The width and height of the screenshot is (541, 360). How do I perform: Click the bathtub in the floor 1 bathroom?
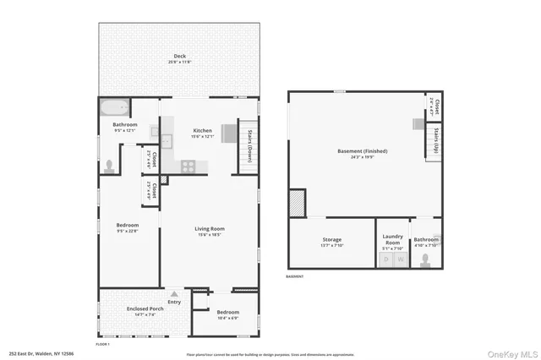[114, 108]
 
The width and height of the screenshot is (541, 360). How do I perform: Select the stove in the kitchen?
[188, 166]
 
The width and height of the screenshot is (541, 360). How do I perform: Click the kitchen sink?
[166, 141]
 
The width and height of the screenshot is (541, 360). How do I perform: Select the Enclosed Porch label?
[145, 308]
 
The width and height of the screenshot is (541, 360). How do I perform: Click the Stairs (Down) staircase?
[249, 147]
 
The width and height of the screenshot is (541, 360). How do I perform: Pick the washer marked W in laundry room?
[402, 259]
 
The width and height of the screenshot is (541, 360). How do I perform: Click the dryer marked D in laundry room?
[386, 259]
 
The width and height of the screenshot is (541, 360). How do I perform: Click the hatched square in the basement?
[297, 204]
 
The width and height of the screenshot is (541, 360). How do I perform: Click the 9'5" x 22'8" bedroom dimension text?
[127, 229]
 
